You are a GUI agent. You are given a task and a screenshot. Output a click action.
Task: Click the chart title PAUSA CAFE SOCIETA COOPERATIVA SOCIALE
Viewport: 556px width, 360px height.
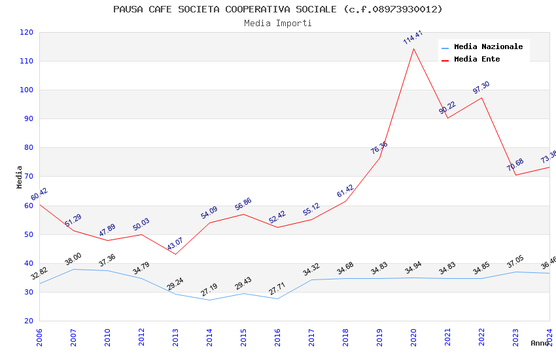point(277,9)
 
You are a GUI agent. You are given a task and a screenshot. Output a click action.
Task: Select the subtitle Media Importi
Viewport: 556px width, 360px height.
point(277,23)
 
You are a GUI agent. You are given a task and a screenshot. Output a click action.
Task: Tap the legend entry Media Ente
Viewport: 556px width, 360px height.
point(477,59)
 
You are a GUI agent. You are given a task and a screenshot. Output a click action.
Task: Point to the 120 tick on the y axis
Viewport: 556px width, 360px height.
point(27,32)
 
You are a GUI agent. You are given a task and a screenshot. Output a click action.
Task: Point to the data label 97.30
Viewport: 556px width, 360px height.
point(481,88)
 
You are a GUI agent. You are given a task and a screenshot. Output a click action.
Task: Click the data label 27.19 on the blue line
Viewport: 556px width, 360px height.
point(209,290)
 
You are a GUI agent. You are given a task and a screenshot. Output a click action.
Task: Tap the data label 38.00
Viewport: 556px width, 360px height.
point(73,259)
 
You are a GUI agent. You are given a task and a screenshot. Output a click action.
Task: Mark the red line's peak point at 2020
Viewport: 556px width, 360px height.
point(413,48)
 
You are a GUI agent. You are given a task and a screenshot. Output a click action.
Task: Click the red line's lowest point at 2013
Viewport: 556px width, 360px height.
point(175,254)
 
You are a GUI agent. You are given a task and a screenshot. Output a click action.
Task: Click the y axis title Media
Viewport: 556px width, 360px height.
point(20,177)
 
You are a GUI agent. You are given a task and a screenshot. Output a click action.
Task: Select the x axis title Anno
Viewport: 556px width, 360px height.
point(540,343)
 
